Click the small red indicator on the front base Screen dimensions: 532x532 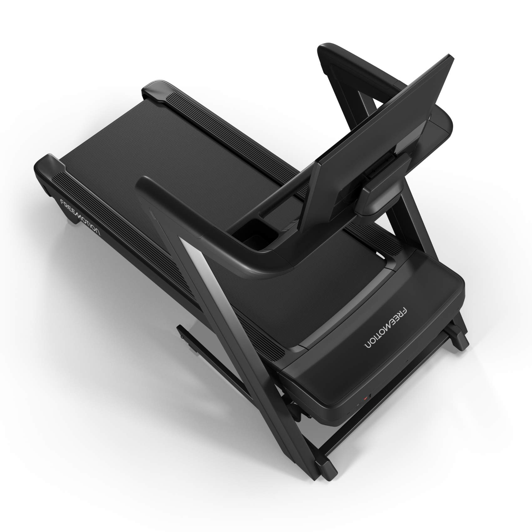[x=365, y=397]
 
